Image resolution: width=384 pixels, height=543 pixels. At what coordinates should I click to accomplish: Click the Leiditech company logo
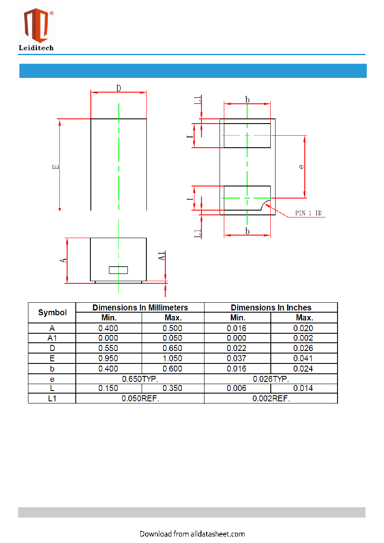tap(37, 29)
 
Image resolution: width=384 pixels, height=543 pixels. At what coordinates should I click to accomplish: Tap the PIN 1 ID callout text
tap(308, 213)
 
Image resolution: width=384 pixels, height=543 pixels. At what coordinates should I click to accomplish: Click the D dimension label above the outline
tap(118, 88)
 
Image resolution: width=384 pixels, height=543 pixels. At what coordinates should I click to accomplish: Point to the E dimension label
tap(56, 167)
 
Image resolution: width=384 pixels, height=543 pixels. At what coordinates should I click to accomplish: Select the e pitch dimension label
tap(301, 167)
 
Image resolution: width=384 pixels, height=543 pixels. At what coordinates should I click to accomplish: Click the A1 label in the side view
tap(161, 256)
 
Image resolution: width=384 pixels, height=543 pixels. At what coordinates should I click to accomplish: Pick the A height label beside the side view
tap(63, 261)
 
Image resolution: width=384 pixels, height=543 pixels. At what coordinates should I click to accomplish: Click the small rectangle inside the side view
tap(118, 270)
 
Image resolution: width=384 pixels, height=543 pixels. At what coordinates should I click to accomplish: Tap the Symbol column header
tap(53, 313)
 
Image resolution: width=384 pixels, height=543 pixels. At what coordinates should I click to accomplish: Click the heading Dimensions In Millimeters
tap(140, 307)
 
